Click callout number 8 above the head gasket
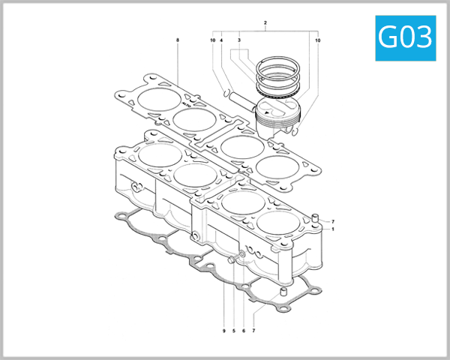pyautogui.click(x=178, y=39)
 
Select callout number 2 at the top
pyautogui.click(x=265, y=23)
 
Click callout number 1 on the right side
pyautogui.click(x=332, y=229)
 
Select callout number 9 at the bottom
pyautogui.click(x=223, y=331)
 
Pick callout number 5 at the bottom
pyautogui.click(x=234, y=331)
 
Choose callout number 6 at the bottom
pyautogui.click(x=244, y=331)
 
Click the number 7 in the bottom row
pyautogui.click(x=253, y=331)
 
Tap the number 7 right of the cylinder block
pyautogui.click(x=332, y=221)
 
